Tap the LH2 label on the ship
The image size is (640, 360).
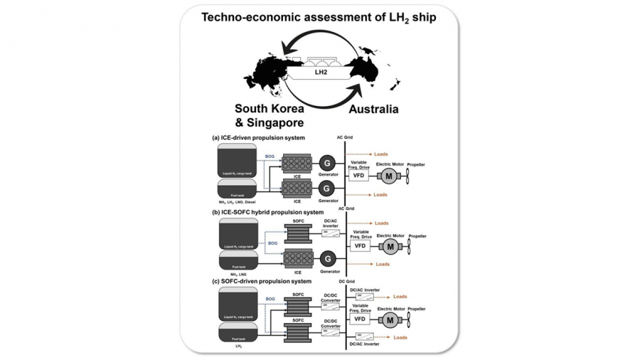pos(320,72)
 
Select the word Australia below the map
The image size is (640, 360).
pos(373,110)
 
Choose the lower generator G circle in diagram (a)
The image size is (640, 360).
pos(327,189)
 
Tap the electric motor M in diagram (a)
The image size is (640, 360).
pos(389,175)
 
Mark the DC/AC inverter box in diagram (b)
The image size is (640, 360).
pos(331,233)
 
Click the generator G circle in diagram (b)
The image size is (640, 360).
pos(327,259)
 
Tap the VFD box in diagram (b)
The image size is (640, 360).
pos(360,246)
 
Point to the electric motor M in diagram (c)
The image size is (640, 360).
pos(389,320)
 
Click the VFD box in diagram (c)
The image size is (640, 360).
pos(360,320)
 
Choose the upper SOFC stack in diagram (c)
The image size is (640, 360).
pos(298,307)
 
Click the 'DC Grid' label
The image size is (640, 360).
pos(347,282)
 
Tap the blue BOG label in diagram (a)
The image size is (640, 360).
pos(270,155)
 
